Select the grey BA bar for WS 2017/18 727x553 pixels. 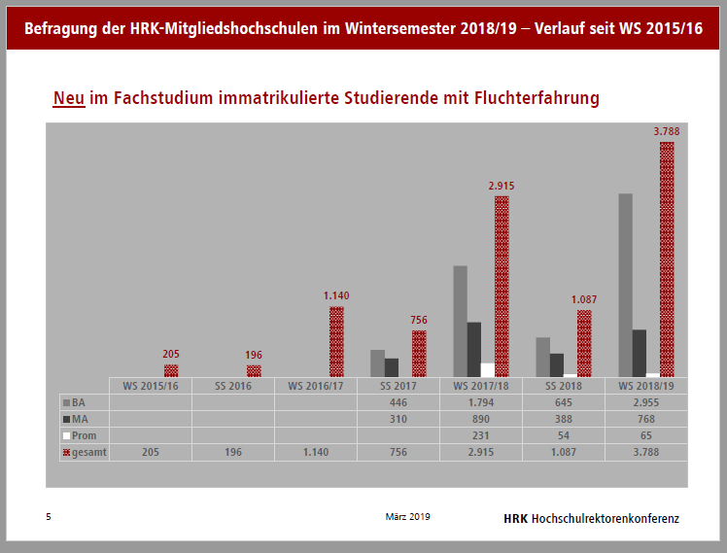tap(460, 321)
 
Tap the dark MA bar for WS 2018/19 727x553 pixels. tap(639, 353)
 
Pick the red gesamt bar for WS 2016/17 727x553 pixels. tap(336, 341)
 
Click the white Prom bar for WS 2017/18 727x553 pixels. tap(488, 369)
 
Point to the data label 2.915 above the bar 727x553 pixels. tap(502, 185)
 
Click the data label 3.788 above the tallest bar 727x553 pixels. tap(667, 131)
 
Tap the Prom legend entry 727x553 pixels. tap(83, 434)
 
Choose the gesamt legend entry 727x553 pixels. tap(85, 452)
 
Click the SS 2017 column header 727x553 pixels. tap(398, 385)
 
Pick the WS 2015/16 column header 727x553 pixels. tap(150, 385)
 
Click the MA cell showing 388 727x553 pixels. tap(564, 418)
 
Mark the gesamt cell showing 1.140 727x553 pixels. tap(316, 452)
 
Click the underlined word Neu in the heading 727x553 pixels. tap(69, 98)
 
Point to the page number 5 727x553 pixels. tap(49, 517)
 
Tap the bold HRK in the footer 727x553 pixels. tap(516, 518)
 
